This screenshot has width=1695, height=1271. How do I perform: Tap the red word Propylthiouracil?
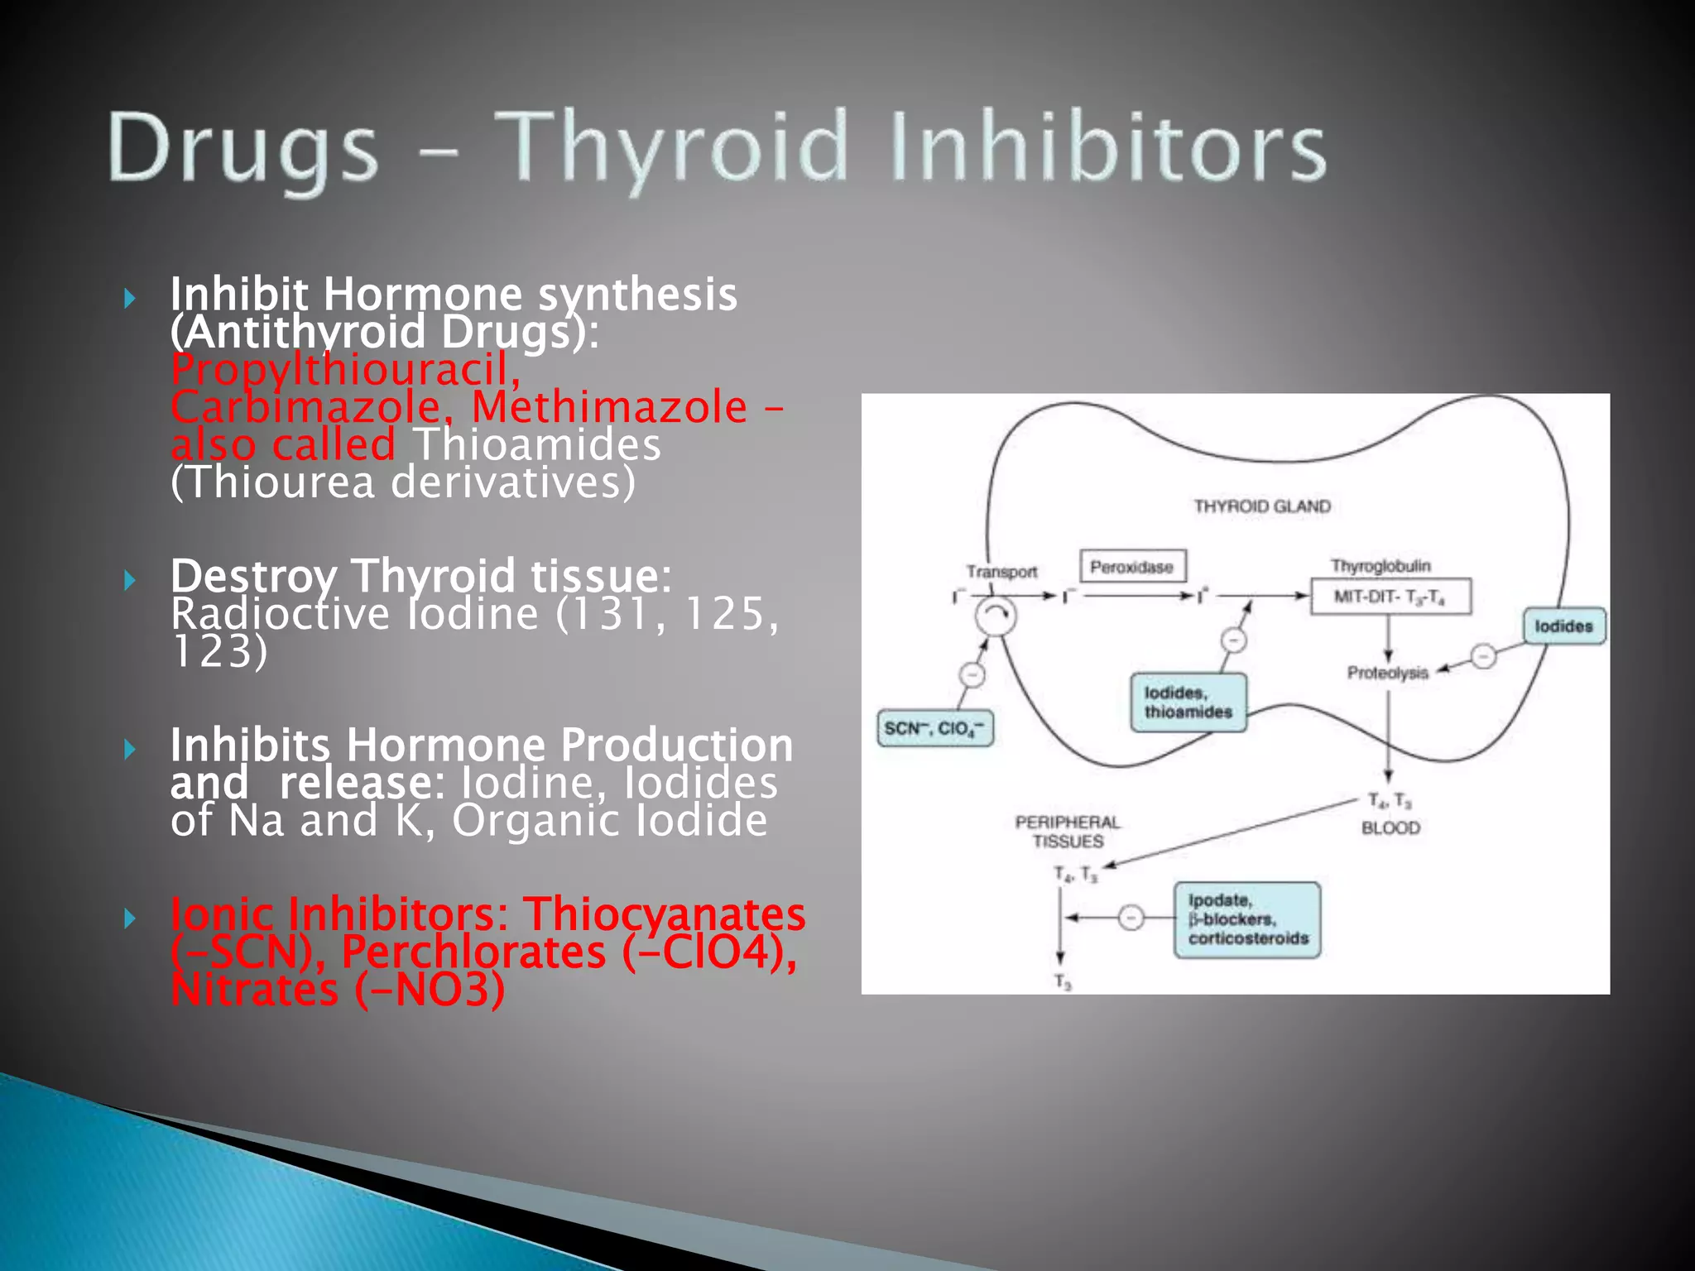click(346, 369)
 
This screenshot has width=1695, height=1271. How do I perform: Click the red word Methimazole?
click(609, 407)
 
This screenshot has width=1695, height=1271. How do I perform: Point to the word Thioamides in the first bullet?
click(538, 444)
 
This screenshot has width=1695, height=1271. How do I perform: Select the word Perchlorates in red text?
click(473, 952)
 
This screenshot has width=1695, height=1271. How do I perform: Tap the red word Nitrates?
click(254, 990)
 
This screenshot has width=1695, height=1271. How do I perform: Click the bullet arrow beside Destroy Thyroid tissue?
click(129, 580)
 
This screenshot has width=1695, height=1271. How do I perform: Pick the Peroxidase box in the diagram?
click(1132, 567)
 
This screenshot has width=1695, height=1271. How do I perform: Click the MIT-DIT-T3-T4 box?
click(1390, 597)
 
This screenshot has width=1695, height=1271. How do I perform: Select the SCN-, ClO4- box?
click(934, 728)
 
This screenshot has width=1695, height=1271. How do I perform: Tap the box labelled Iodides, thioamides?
click(1188, 703)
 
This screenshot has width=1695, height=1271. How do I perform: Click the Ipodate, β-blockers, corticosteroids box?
click(1247, 919)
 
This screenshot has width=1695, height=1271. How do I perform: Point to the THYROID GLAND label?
click(1262, 506)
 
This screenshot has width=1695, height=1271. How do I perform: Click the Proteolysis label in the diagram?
click(1388, 673)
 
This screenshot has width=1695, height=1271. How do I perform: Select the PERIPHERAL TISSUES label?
click(1068, 832)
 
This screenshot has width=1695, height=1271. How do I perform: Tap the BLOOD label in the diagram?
click(1390, 827)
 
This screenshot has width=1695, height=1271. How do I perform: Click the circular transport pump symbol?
click(995, 616)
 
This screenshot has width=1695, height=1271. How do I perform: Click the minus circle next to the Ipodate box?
click(1131, 918)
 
